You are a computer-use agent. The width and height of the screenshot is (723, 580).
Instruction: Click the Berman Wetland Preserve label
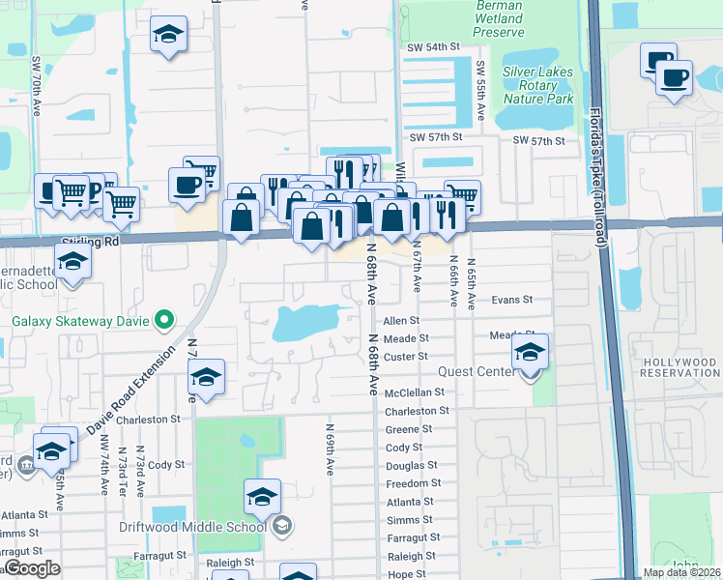(x=499, y=18)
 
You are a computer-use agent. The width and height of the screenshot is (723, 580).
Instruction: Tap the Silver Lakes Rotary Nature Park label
(x=537, y=85)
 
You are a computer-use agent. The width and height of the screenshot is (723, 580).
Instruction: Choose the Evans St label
(x=512, y=301)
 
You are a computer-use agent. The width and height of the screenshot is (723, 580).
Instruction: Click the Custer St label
(x=406, y=357)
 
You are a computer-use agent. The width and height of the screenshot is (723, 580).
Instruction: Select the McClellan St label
(x=414, y=392)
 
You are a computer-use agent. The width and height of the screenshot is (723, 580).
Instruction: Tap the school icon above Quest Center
(x=530, y=353)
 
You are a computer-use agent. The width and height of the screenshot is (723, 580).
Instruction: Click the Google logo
(x=33, y=568)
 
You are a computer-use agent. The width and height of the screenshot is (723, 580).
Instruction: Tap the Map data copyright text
(x=680, y=572)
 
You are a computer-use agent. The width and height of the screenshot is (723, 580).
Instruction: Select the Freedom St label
(x=413, y=483)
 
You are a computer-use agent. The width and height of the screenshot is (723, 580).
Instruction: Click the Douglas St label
(x=412, y=466)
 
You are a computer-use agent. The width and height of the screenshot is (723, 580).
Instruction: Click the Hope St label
(x=406, y=574)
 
